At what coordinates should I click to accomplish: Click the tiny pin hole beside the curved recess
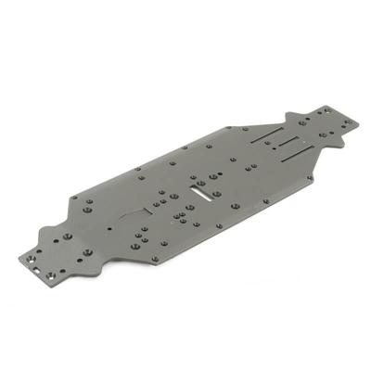click(109, 227)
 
